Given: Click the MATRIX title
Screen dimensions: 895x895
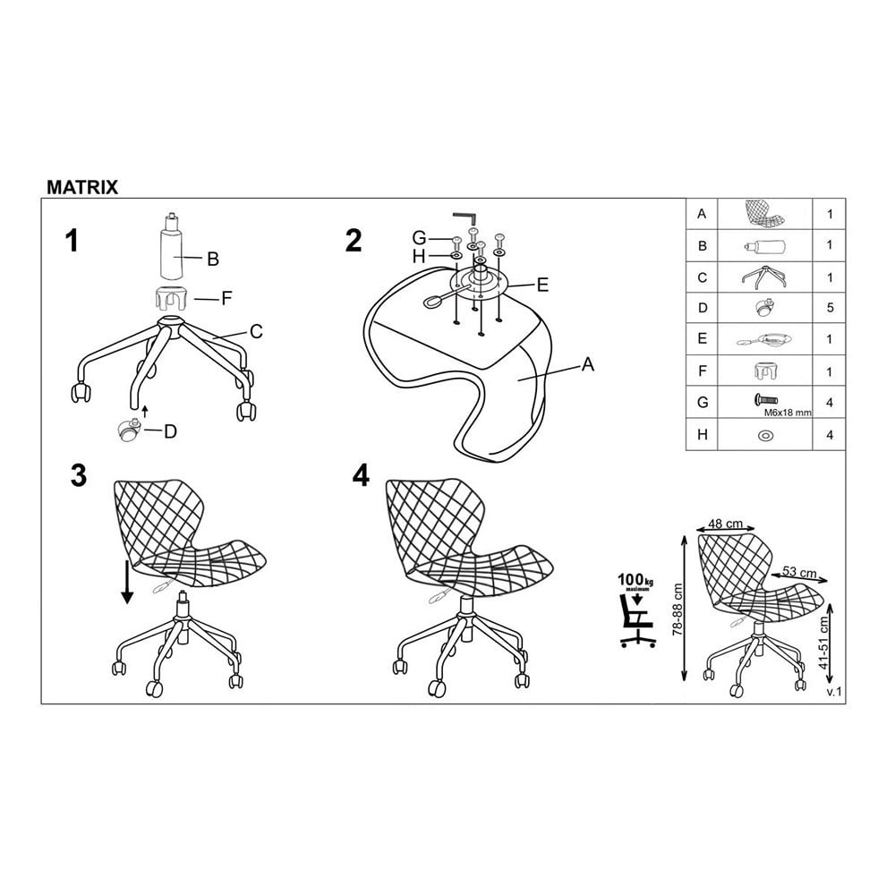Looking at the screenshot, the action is (82, 187).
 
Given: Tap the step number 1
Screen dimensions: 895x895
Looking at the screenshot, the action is (72, 240).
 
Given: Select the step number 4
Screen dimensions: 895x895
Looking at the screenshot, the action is (361, 475).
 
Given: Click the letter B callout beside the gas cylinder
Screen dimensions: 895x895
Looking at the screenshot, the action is (213, 260).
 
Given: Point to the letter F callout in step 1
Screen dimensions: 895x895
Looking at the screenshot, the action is (226, 298).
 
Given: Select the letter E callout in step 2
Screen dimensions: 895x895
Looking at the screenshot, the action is (542, 285).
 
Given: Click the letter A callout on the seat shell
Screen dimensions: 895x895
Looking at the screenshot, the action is (587, 364).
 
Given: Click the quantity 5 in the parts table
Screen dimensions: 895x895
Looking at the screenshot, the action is (830, 308).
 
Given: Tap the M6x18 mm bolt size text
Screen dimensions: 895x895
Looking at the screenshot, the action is (787, 412).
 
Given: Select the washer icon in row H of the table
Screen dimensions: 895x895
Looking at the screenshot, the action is (765, 435).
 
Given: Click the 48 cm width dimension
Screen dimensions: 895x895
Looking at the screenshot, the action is (725, 524).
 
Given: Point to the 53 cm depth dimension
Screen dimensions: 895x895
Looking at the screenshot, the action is (799, 572).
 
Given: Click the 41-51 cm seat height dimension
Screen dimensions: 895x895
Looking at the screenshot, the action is (823, 643).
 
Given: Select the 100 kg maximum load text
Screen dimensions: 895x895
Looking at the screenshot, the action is (635, 581).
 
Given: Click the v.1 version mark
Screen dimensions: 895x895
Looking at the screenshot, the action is (834, 692).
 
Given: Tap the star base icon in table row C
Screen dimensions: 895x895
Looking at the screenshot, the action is (764, 277).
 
